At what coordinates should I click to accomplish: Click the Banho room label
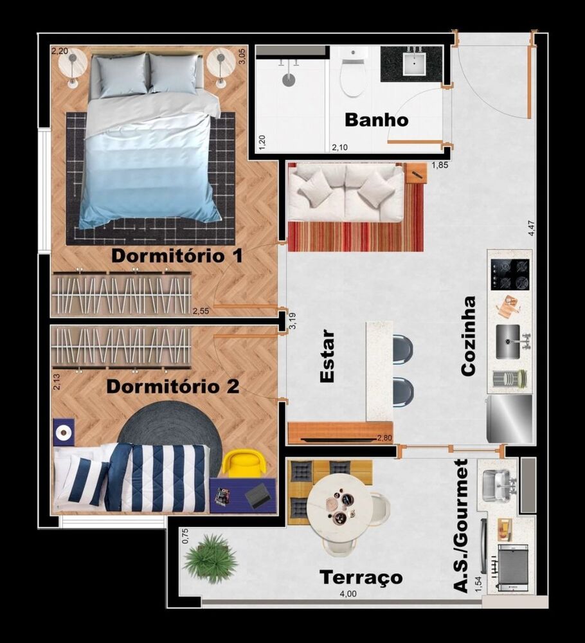tap(376, 120)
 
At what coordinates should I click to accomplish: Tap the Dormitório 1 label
tap(177, 256)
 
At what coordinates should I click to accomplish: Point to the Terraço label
tap(361, 577)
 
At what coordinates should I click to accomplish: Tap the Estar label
tap(327, 356)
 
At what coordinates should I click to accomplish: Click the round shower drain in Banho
tap(289, 80)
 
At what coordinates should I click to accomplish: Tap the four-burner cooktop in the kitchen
tap(510, 274)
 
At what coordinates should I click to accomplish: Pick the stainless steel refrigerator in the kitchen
tap(510, 418)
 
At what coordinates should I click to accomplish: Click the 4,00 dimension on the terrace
tap(348, 594)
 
